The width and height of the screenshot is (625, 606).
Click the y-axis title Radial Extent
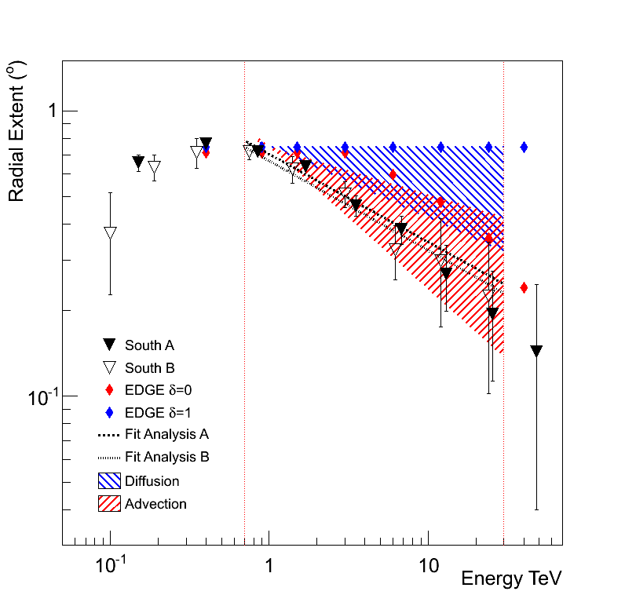pos(16,134)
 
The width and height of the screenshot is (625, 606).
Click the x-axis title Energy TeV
pos(511,579)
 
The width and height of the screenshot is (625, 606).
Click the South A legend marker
pos(110,345)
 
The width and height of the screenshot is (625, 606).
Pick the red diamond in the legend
pos(110,390)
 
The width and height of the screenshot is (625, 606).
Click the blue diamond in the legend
pos(110,412)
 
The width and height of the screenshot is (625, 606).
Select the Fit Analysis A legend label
pos(166,434)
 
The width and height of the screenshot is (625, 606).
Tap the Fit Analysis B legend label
pos(166,457)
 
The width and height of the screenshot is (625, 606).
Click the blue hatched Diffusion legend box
pos(109,480)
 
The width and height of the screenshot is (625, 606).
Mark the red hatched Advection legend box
pos(109,503)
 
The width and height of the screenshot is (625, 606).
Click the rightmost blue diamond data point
pos(524,147)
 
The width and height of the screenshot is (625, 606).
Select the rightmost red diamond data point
pos(524,288)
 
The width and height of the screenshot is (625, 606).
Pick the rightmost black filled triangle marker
pos(536,351)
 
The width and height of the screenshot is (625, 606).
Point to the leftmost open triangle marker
pos(110,233)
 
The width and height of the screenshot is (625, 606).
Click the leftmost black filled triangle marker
pos(138,162)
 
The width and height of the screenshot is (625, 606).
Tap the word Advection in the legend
pos(155,504)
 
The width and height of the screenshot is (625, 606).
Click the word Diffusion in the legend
pos(152,481)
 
